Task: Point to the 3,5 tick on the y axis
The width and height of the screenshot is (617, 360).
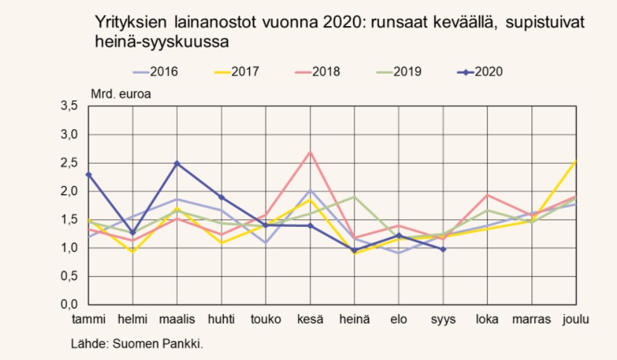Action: [x=68, y=107]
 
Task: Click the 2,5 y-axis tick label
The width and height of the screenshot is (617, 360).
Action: [x=68, y=164]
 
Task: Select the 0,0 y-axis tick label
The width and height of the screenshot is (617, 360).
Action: [x=68, y=305]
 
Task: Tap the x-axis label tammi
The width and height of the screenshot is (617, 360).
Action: [x=88, y=320]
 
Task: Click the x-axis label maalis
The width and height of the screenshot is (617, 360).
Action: [x=176, y=320]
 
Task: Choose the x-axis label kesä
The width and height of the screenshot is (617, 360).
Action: [x=309, y=320]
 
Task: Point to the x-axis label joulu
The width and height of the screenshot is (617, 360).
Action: [x=576, y=320]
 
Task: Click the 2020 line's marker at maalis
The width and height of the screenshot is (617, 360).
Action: [x=176, y=163]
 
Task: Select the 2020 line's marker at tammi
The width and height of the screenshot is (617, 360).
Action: [x=88, y=174]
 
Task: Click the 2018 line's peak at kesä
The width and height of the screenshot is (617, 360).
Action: [x=309, y=152]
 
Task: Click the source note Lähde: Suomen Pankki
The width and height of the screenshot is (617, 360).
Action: [x=137, y=344]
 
